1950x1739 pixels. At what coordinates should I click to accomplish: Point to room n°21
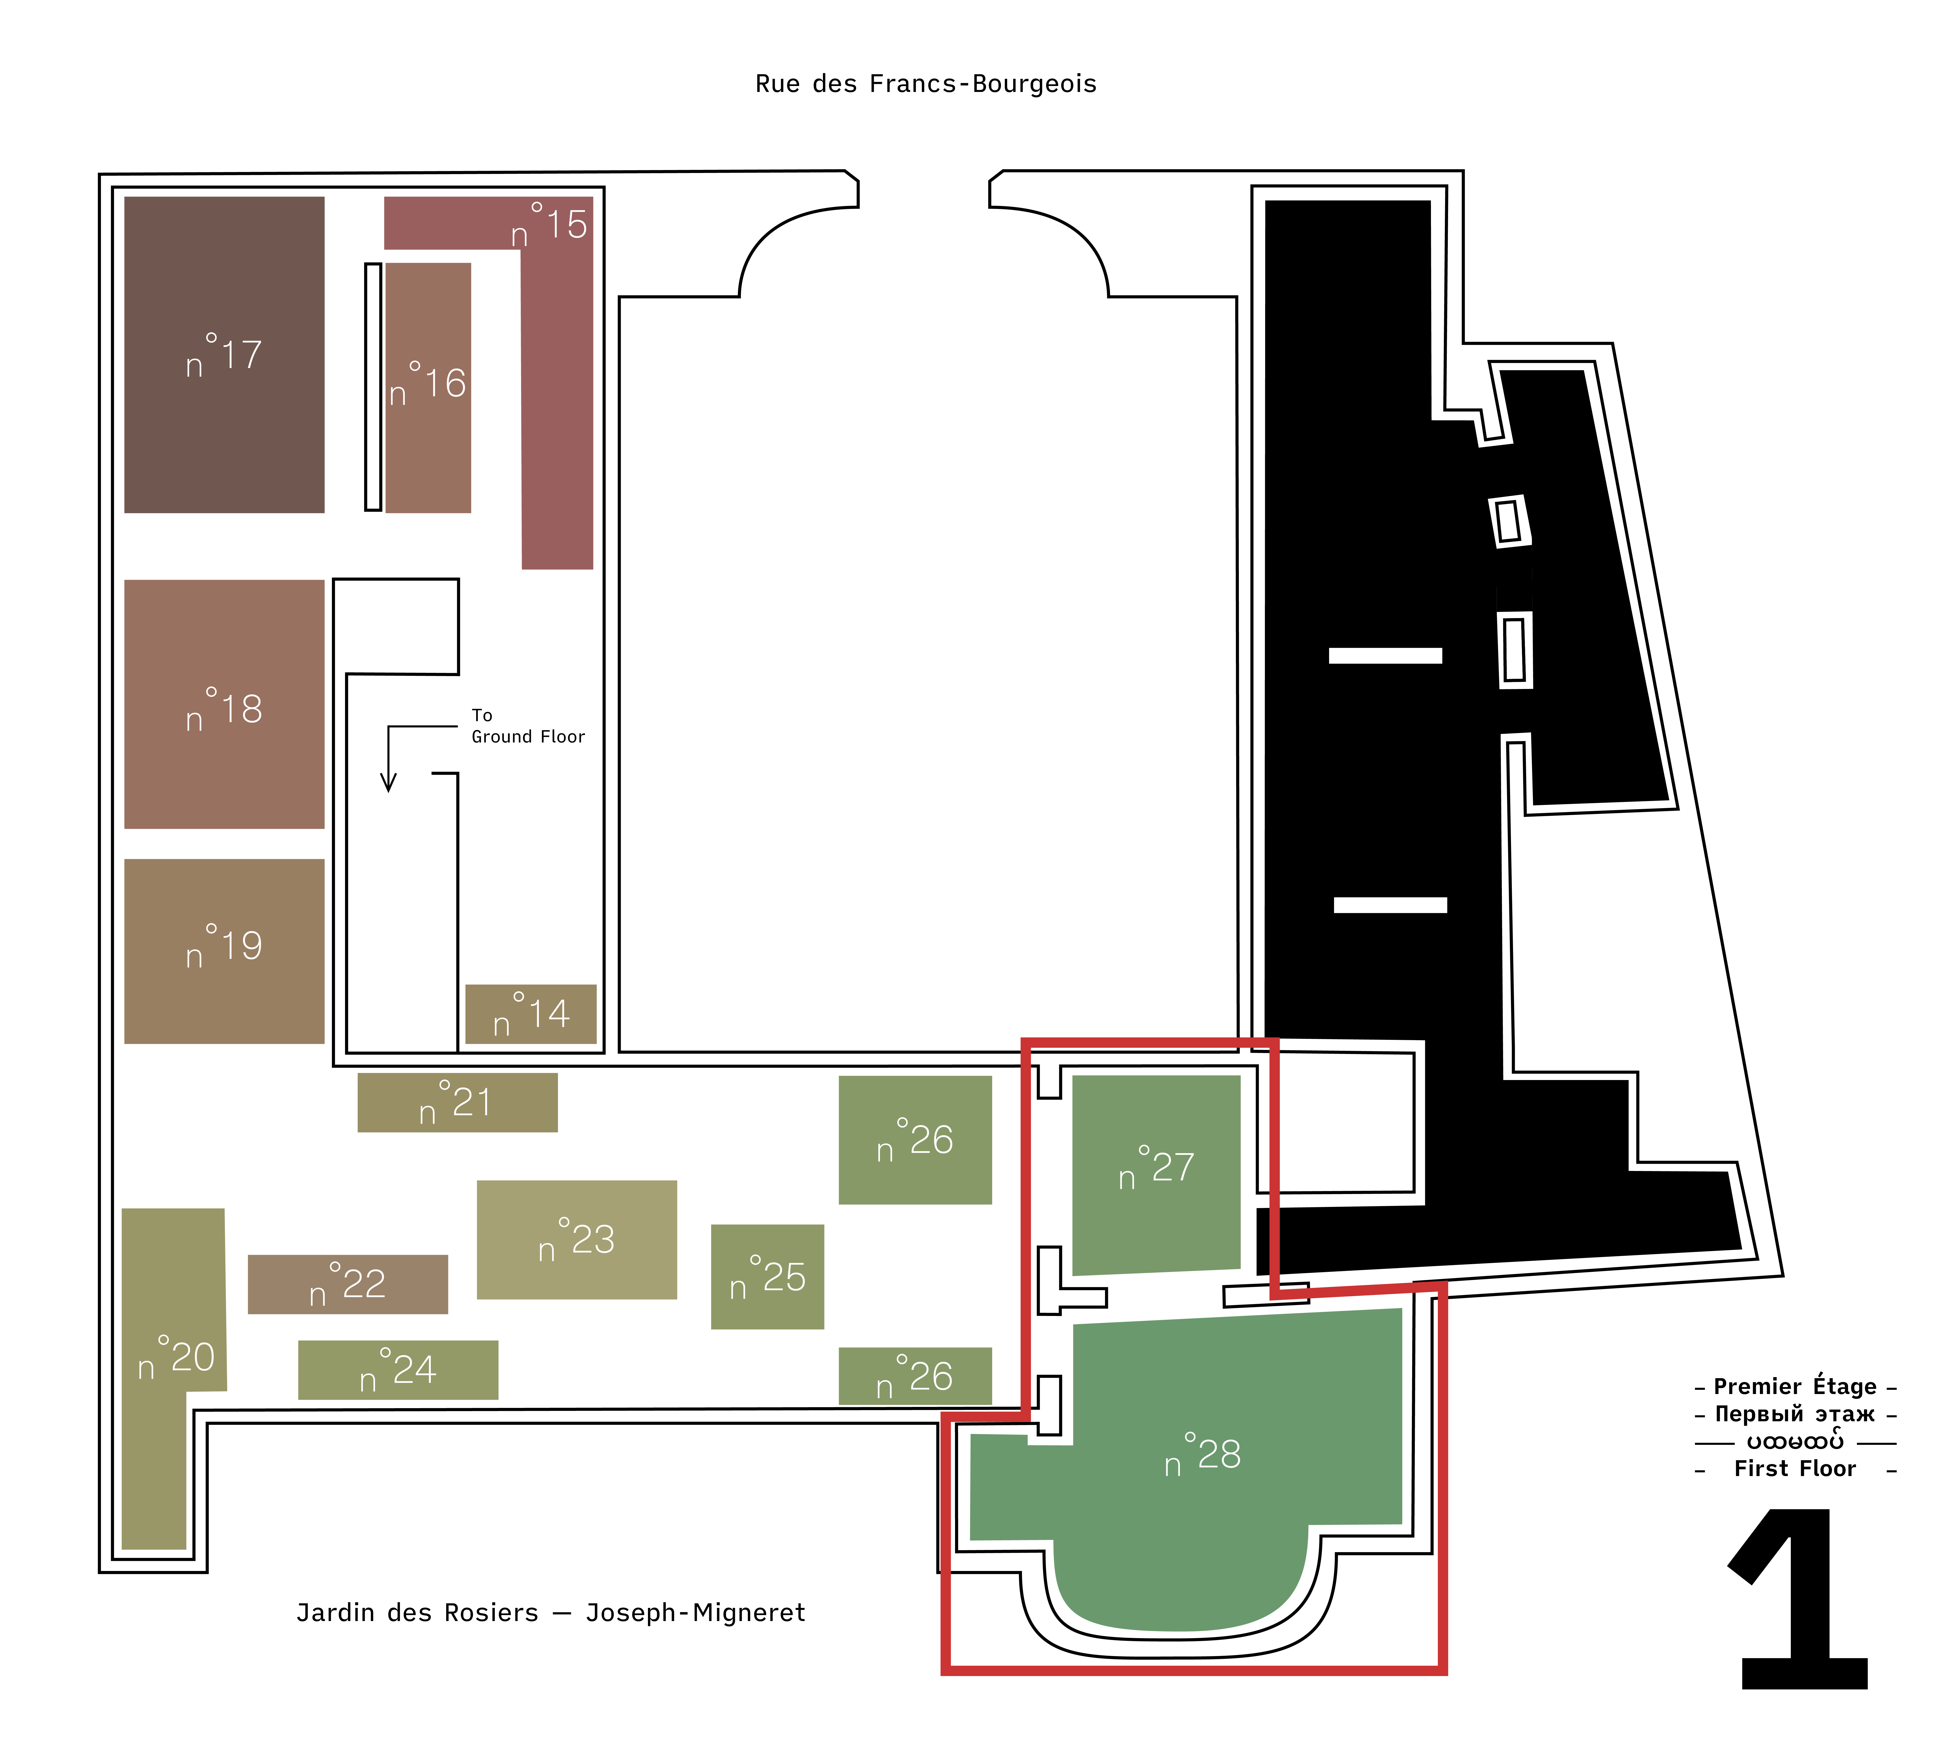click(457, 1103)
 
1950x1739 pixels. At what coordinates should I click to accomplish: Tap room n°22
click(348, 1284)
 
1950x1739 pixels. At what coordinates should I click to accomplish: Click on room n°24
click(397, 1370)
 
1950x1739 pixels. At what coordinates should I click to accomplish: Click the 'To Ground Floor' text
click(527, 726)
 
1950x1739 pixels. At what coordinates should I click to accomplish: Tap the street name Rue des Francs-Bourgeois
click(926, 84)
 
